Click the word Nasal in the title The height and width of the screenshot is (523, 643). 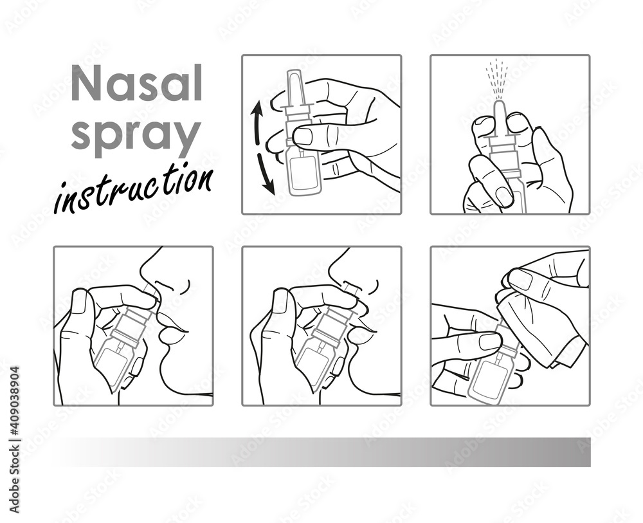[136, 84]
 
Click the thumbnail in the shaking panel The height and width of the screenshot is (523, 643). [302, 136]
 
